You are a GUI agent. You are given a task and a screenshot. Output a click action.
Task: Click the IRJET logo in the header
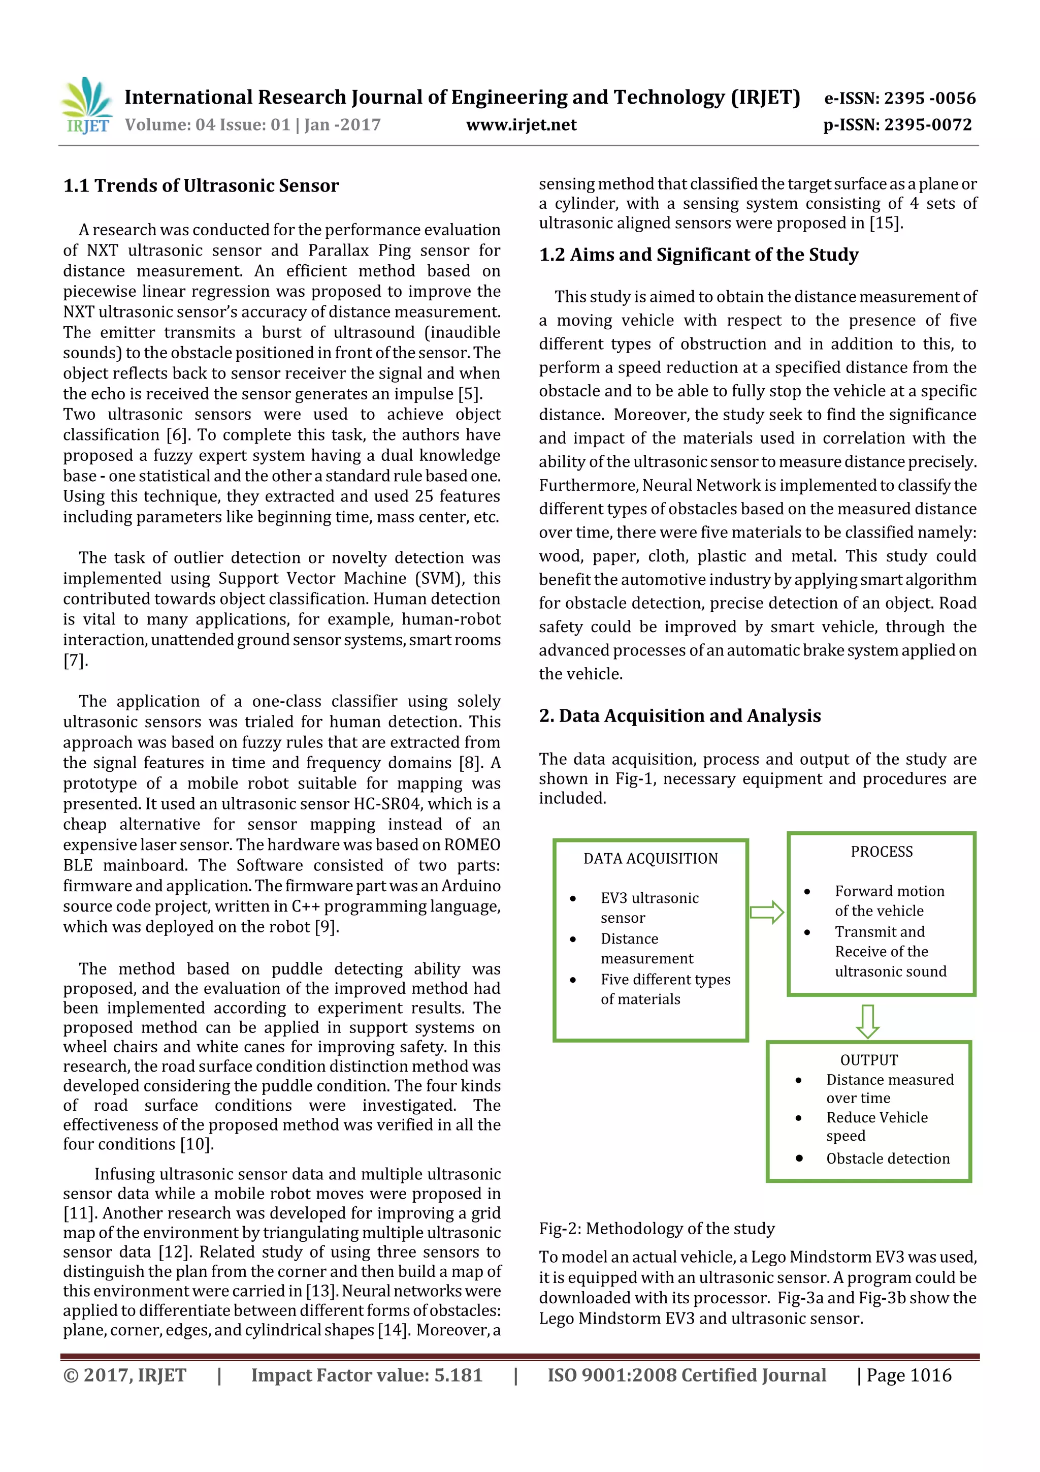(86, 106)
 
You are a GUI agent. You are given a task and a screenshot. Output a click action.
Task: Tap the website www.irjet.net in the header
(521, 125)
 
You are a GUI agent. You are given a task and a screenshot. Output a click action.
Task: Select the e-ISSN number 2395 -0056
(930, 98)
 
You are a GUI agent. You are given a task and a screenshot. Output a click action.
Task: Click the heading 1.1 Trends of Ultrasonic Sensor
(201, 186)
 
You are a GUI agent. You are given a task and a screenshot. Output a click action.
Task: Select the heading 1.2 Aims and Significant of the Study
(698, 255)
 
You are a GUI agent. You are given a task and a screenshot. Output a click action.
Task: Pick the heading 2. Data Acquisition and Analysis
(679, 715)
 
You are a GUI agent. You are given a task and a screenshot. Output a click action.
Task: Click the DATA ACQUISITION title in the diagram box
(651, 858)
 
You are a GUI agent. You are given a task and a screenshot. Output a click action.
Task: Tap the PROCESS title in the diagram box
(882, 852)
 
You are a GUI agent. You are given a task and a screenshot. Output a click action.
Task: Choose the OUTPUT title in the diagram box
(869, 1060)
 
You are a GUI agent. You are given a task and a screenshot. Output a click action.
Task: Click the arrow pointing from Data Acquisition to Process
(767, 912)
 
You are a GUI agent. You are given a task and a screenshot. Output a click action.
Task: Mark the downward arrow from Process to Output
(868, 1021)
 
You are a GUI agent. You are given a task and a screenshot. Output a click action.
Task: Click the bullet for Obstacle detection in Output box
(799, 1158)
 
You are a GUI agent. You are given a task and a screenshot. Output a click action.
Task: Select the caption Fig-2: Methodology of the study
(656, 1229)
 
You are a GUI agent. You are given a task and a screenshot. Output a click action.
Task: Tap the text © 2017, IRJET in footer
(125, 1375)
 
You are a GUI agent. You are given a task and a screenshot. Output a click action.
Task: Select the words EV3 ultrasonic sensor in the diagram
(649, 907)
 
